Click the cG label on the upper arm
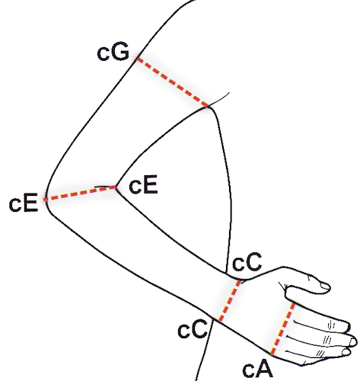click(x=113, y=53)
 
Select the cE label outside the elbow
click(x=24, y=202)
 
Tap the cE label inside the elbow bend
click(x=143, y=184)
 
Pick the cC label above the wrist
click(x=247, y=261)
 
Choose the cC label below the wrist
click(x=193, y=328)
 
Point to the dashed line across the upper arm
click(x=173, y=83)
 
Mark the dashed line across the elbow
click(x=80, y=194)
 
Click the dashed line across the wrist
click(x=230, y=301)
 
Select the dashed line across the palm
click(x=283, y=328)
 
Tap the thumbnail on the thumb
click(x=325, y=286)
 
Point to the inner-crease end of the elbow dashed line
click(x=116, y=187)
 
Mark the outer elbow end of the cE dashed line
click(x=44, y=200)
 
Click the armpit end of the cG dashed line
click(x=209, y=107)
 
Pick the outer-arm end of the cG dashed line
click(x=137, y=59)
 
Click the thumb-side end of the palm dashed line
click(x=294, y=303)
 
